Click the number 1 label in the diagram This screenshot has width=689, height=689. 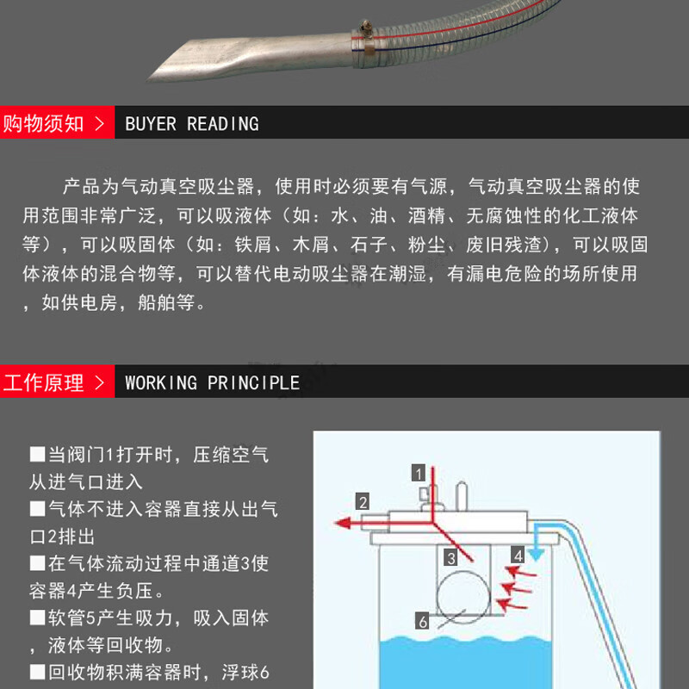click(x=419, y=473)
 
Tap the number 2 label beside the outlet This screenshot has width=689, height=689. click(x=363, y=501)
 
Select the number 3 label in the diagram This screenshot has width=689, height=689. click(x=450, y=557)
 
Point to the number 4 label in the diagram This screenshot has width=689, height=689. click(x=518, y=556)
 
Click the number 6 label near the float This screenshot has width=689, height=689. click(x=422, y=621)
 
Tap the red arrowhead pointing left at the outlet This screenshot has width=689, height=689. click(x=343, y=523)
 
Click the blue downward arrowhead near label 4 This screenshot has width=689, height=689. click(x=536, y=555)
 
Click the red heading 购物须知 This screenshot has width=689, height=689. click(x=43, y=123)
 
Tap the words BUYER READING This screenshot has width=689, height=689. click(x=192, y=123)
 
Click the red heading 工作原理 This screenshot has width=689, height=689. click(x=43, y=382)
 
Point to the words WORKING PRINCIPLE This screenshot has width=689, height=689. click(x=212, y=382)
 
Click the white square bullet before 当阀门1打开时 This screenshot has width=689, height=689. click(x=37, y=455)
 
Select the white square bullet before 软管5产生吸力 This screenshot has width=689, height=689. click(x=37, y=618)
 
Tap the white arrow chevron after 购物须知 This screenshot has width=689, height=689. click(x=100, y=123)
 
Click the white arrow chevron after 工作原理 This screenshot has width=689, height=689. click(x=100, y=382)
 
